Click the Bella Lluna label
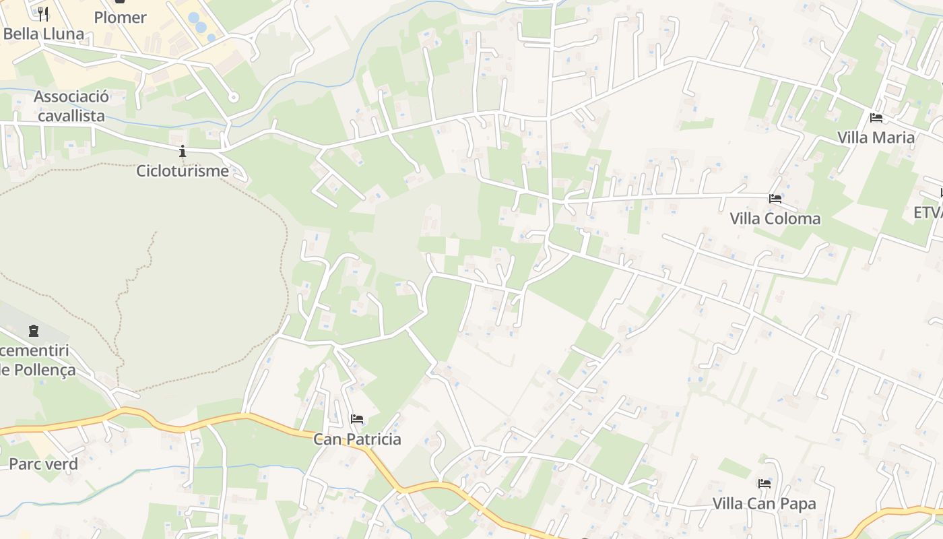coord(44,34)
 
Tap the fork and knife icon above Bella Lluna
coord(43,13)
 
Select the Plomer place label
coord(120,18)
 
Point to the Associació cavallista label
coord(71,106)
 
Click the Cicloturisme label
coord(183,170)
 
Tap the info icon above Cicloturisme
coord(182,151)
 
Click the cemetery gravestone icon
coord(34,331)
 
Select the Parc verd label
coord(43,464)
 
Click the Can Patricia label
coord(357,439)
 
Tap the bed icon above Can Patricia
coord(357,419)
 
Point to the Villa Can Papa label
coord(764,503)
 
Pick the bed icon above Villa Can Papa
coord(764,483)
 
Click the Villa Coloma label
coord(775,218)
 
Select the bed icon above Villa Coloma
coord(775,199)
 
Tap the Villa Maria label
coord(876,137)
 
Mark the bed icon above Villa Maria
coord(876,118)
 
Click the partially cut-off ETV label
coord(928,212)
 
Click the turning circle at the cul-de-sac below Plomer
coord(233,98)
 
